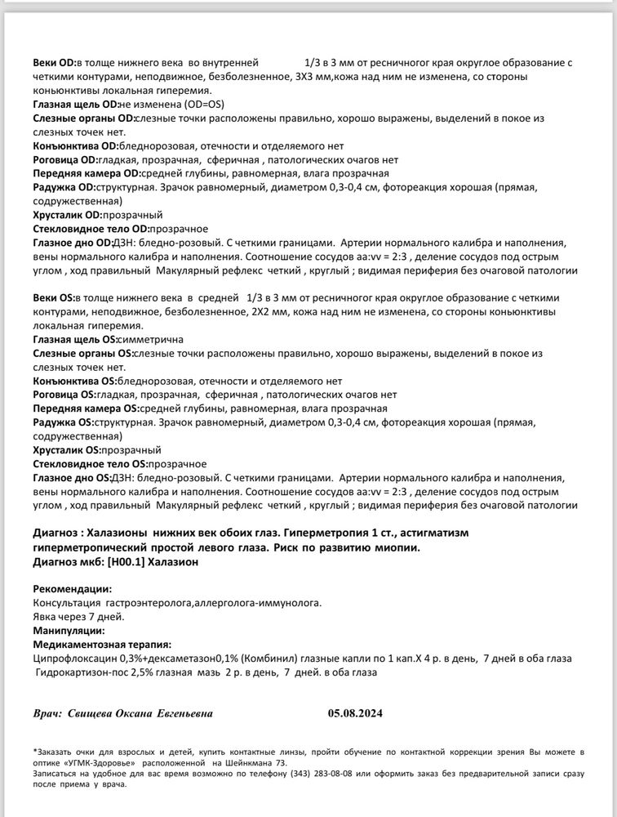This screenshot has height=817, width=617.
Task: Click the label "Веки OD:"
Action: (x=54, y=62)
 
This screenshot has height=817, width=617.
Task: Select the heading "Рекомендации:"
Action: (x=73, y=588)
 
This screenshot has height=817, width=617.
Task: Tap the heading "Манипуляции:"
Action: (x=69, y=631)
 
